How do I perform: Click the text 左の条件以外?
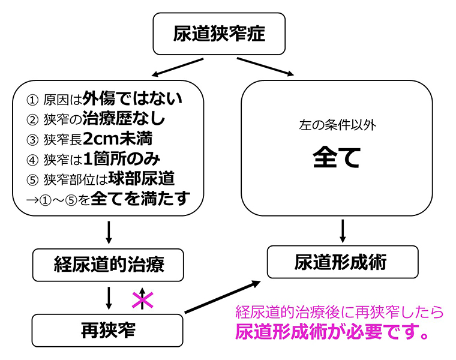337,126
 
